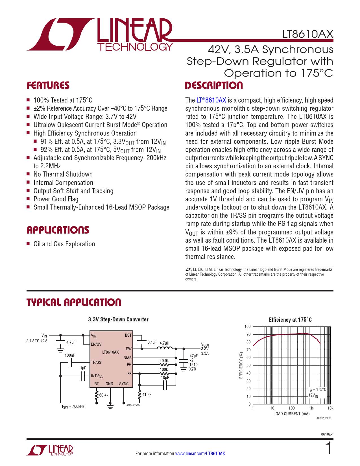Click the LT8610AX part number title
tap(307, 34)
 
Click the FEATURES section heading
tap(48, 86)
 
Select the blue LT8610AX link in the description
tap(211, 100)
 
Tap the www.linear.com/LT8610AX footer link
tap(200, 454)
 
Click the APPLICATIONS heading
tap(58, 230)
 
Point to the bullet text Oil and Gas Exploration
tap(64, 244)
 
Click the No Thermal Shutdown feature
tap(63, 174)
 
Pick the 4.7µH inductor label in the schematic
tap(164, 343)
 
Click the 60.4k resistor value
tap(104, 395)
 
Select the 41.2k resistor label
tap(147, 395)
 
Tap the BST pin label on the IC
tap(128, 335)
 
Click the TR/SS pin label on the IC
tap(96, 362)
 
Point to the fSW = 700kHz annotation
tap(73, 407)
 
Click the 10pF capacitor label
tap(165, 378)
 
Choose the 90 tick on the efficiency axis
tap(248, 334)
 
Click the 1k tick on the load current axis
tap(311, 408)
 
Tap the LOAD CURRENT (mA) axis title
tap(291, 414)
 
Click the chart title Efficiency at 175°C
tap(290, 320)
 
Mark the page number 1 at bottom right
tap(328, 448)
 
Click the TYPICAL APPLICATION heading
tap(74, 302)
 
